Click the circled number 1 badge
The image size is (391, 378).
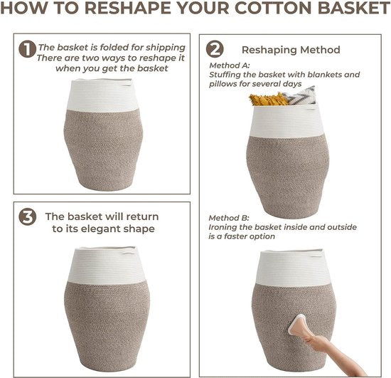[27, 49]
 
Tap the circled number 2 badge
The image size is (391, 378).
[215, 49]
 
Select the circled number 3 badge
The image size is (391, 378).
[28, 216]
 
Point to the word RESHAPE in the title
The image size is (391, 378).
[129, 8]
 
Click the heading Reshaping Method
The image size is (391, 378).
[291, 50]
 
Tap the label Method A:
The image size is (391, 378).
[229, 65]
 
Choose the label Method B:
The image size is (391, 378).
[229, 218]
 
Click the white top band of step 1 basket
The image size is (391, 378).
[103, 95]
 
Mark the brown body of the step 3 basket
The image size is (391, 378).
[107, 325]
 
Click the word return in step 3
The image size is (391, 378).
[142, 216]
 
